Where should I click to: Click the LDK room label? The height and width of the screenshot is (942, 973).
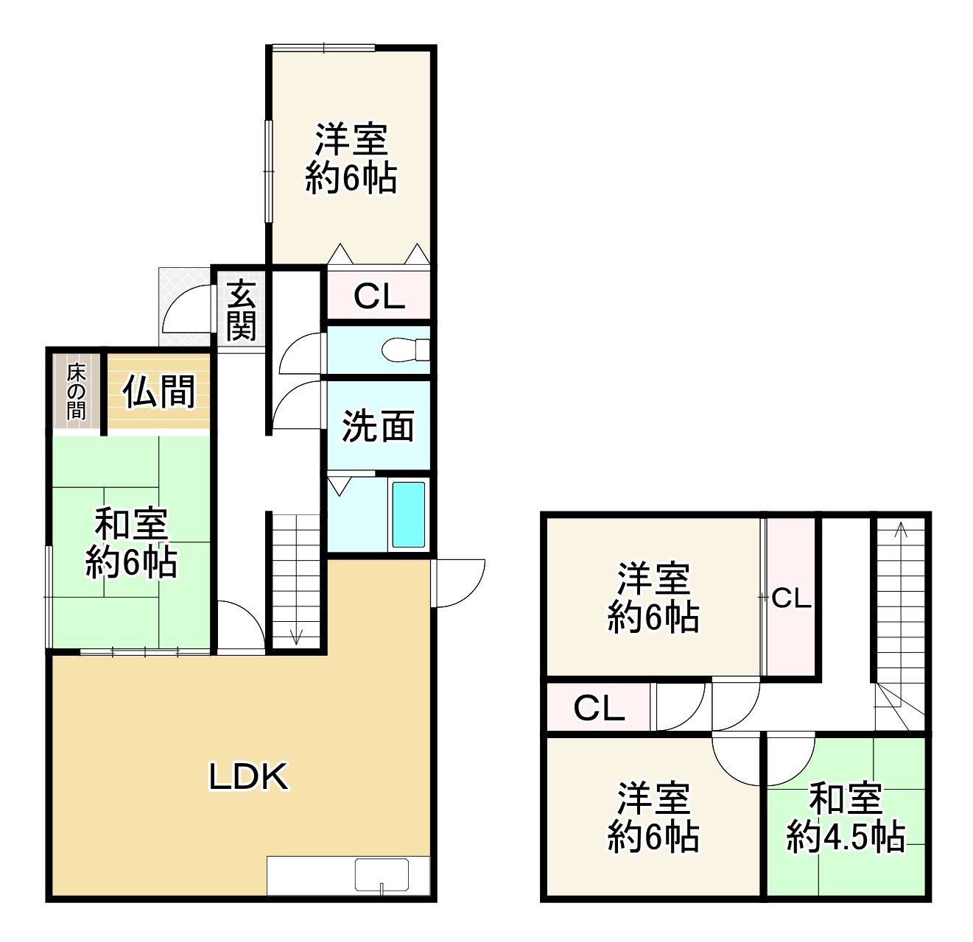248,776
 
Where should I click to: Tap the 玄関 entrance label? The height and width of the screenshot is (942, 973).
240,311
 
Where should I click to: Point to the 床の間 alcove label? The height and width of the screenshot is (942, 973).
76,392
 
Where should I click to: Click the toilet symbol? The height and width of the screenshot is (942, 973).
408,349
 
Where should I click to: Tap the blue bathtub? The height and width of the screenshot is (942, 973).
408,514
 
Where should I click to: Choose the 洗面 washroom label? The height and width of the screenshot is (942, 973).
378,426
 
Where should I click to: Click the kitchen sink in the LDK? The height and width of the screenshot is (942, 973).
382,874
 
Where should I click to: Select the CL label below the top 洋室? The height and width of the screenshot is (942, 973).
379,297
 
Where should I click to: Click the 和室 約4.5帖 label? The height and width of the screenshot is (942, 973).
846,818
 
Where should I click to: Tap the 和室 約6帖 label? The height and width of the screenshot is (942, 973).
131,544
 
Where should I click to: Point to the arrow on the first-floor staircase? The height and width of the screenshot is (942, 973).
296,635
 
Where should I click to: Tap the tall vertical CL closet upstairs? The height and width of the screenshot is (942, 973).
791,598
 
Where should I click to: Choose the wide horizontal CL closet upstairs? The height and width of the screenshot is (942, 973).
599,708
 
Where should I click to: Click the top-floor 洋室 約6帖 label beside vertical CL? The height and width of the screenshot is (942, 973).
653,598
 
